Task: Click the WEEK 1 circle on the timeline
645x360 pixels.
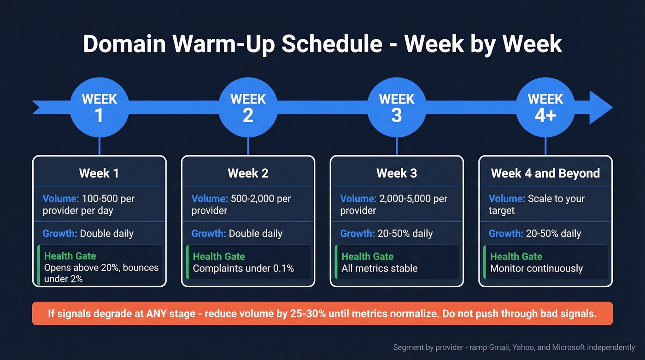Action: click(x=100, y=107)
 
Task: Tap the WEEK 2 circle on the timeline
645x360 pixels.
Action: click(x=248, y=107)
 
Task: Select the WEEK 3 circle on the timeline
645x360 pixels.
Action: click(x=397, y=107)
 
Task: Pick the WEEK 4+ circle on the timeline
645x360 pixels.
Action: click(x=545, y=107)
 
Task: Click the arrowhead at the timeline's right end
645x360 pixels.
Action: click(x=601, y=107)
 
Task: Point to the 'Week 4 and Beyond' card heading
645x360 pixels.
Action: click(x=545, y=173)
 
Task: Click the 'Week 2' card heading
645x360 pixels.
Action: click(x=248, y=173)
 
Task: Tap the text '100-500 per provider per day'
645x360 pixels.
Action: click(x=88, y=205)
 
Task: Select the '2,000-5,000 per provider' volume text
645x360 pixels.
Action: click(x=394, y=205)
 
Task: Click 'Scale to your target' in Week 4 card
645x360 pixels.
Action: click(x=537, y=205)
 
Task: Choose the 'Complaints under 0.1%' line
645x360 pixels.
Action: click(x=243, y=268)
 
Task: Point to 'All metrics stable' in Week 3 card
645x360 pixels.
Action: click(x=379, y=268)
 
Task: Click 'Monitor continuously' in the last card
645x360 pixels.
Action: click(x=536, y=268)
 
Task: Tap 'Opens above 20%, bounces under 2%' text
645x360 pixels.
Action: click(x=101, y=273)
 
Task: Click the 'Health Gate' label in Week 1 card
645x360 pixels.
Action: click(x=70, y=256)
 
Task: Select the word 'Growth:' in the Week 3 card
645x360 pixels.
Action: click(x=358, y=233)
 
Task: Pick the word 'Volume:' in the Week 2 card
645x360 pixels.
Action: click(x=210, y=199)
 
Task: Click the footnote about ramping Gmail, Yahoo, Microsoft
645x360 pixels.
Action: click(x=514, y=347)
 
